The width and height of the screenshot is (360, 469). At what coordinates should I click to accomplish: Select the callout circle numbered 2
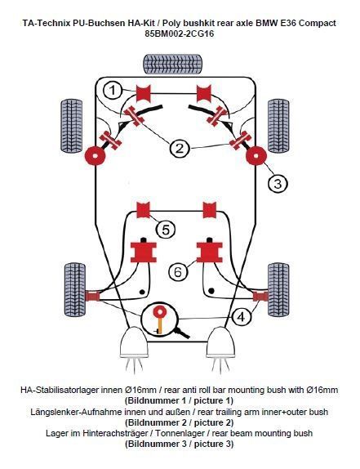pyautogui.click(x=179, y=149)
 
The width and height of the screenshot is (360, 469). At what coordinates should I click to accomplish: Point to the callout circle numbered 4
pyautogui.click(x=241, y=315)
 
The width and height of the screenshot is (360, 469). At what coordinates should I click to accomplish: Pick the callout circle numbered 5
pyautogui.click(x=166, y=230)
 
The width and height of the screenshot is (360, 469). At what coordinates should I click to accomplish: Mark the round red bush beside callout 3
pyautogui.click(x=257, y=154)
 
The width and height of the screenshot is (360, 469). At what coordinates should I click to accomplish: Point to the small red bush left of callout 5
pyautogui.click(x=144, y=209)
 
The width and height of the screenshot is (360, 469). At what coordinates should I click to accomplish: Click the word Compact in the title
pyautogui.click(x=314, y=23)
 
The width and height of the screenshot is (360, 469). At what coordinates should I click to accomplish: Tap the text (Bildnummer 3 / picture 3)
pyautogui.click(x=179, y=444)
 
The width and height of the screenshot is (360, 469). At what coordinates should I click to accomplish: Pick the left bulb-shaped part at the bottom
pyautogui.click(x=136, y=344)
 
